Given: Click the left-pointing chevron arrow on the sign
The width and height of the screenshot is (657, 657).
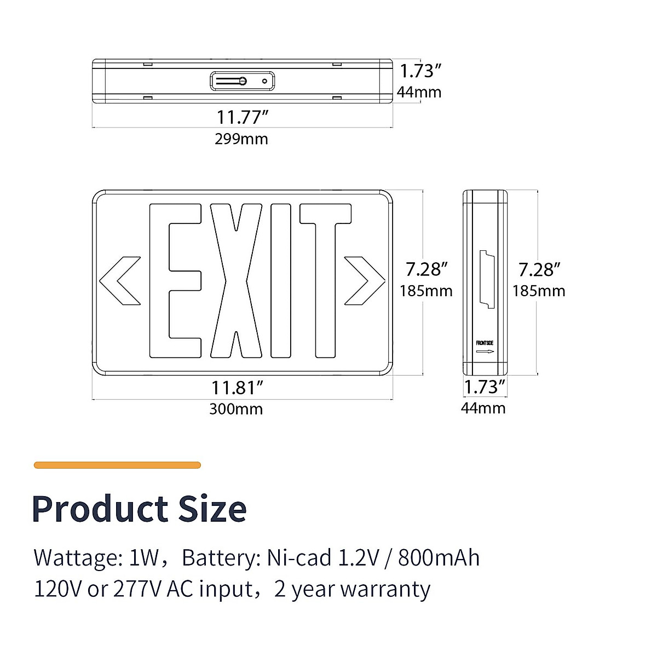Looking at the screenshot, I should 119,280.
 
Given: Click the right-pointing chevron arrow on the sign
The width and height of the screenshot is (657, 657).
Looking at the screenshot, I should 365,280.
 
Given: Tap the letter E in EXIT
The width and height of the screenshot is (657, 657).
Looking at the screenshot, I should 174,280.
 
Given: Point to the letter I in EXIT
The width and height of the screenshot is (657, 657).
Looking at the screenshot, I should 281,280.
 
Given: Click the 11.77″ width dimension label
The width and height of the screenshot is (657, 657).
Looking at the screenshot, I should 242,117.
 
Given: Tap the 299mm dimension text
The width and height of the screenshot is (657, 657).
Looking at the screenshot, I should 241,139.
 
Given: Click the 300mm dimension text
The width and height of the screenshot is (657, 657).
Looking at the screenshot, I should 236,409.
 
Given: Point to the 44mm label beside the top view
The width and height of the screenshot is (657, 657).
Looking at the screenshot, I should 419,92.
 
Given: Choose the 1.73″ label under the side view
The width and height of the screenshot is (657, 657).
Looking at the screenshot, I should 484,387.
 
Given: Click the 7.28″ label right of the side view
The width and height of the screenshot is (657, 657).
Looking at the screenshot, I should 539,270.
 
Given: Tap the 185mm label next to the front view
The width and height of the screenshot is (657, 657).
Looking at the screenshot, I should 426,291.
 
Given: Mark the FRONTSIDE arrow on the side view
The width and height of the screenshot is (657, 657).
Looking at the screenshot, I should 485,351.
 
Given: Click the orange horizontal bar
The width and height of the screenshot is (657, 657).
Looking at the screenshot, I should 117,465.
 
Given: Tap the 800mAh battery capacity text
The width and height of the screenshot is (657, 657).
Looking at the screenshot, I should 439,558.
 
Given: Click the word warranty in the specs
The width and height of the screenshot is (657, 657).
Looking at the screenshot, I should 385,589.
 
